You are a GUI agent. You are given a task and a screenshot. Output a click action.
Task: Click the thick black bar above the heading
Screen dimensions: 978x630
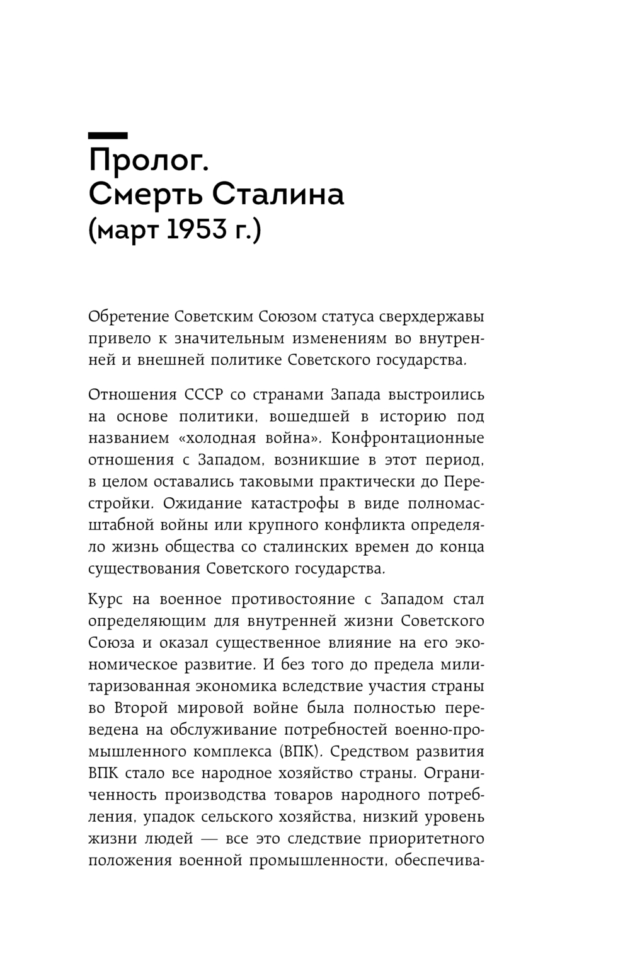point(108,135)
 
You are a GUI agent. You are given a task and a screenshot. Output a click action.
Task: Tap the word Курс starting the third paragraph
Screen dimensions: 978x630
point(109,599)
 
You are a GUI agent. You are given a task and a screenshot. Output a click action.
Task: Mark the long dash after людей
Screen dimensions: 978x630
point(214,839)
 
